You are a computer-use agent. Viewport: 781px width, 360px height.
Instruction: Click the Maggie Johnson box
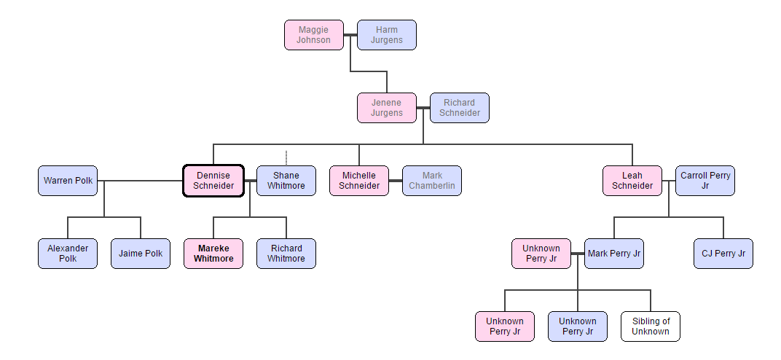pyautogui.click(x=313, y=35)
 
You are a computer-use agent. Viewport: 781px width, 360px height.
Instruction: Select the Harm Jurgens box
pyautogui.click(x=387, y=35)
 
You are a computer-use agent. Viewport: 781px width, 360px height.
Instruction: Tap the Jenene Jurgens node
pyautogui.click(x=386, y=108)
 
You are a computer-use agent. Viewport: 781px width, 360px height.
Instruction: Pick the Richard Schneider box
pyautogui.click(x=460, y=108)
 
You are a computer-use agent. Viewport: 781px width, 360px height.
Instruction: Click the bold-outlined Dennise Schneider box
pyautogui.click(x=213, y=181)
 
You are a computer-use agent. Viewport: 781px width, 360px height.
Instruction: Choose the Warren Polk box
pyautogui.click(x=68, y=181)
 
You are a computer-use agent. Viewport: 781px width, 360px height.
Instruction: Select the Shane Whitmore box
pyautogui.click(x=286, y=181)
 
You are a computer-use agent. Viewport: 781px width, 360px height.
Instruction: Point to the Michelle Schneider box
pyautogui.click(x=359, y=181)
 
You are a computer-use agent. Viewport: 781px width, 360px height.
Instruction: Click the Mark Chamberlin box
pyautogui.click(x=432, y=181)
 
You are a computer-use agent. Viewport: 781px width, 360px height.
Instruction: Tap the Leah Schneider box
pyautogui.click(x=632, y=181)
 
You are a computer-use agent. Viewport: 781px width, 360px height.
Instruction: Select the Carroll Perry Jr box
pyautogui.click(x=705, y=181)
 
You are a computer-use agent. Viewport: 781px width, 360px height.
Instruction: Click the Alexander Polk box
pyautogui.click(x=68, y=254)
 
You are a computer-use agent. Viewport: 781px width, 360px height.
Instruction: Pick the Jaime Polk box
pyautogui.click(x=141, y=254)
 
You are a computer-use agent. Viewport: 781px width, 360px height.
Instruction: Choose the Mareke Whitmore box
pyautogui.click(x=213, y=254)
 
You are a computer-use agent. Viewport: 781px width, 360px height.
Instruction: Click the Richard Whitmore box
pyautogui.click(x=286, y=254)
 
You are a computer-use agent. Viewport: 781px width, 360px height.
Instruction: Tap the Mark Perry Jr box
pyautogui.click(x=614, y=254)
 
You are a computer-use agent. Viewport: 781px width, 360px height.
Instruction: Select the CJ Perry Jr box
pyautogui.click(x=723, y=254)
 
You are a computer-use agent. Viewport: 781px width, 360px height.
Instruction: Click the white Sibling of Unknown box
pyautogui.click(x=651, y=326)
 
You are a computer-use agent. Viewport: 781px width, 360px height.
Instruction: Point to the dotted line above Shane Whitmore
pyautogui.click(x=286, y=157)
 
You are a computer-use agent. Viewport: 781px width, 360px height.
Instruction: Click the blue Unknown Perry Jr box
pyautogui.click(x=578, y=326)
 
